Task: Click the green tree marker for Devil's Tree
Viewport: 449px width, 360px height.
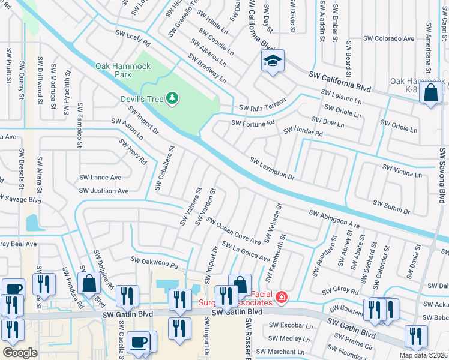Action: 172,97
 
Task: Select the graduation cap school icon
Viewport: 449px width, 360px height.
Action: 273,61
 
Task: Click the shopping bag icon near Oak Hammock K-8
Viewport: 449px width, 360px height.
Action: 430,93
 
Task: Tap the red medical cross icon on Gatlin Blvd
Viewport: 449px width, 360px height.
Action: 280,296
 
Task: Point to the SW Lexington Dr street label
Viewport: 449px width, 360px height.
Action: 272,169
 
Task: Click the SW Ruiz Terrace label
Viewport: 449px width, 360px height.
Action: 262,107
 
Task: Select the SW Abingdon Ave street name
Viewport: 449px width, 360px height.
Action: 334,218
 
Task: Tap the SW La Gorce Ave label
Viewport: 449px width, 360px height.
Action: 246,251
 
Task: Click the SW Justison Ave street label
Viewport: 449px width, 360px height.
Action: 104,191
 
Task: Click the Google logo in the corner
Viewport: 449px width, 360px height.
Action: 20,352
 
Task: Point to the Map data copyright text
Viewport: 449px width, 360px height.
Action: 424,355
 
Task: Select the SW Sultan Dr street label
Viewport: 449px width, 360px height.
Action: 391,208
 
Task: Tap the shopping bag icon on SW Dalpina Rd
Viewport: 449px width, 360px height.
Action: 89,283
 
